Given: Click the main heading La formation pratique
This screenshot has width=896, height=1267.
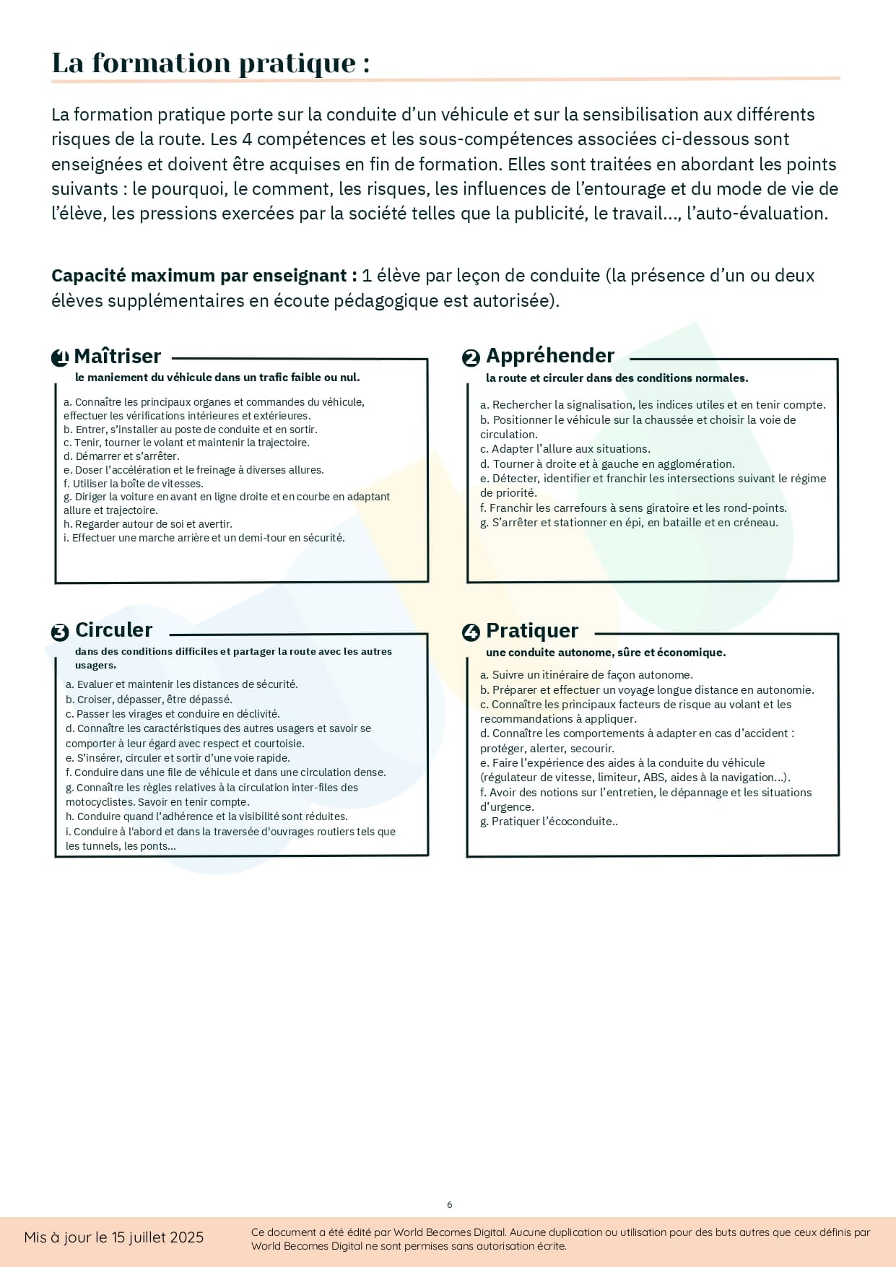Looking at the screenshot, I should [210, 63].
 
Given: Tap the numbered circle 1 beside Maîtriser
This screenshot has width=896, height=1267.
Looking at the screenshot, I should [60, 357].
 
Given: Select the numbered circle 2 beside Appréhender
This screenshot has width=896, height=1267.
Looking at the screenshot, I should [471, 357].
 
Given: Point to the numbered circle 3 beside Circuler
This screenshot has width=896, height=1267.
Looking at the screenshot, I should [60, 632].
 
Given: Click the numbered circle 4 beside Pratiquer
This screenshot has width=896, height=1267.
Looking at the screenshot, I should [471, 632].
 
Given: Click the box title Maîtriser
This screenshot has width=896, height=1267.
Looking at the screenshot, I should [117, 356].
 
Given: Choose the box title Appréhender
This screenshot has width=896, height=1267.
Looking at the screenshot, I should [549, 355].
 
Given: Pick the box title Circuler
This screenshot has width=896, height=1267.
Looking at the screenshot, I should [113, 630].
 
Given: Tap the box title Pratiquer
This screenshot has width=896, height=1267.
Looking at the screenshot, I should [532, 630].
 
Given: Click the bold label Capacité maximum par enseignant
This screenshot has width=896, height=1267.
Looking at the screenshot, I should [204, 276].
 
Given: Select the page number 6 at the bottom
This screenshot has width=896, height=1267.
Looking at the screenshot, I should [450, 1204].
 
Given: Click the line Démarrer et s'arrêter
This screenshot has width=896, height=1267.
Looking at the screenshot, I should [121, 456].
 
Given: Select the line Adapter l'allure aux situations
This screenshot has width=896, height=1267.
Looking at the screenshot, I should [565, 448].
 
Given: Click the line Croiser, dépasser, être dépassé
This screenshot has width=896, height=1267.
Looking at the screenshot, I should [149, 699].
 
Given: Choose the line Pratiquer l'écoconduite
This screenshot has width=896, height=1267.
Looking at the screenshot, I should [549, 821].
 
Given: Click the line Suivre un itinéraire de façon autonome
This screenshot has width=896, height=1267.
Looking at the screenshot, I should [586, 675].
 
